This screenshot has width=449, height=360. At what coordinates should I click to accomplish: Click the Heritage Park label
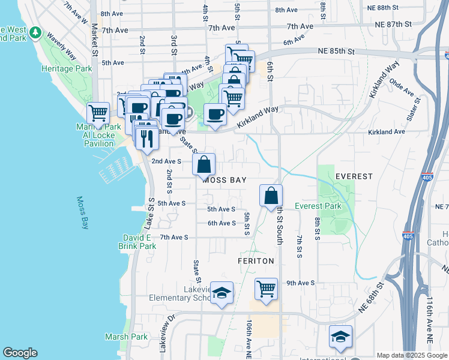point(67,69)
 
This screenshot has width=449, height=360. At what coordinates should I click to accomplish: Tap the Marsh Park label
point(126,337)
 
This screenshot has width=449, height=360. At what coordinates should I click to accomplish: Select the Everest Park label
point(318,206)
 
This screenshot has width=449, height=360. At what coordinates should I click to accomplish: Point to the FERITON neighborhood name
point(256,261)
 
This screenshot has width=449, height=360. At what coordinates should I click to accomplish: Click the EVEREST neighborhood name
point(354,176)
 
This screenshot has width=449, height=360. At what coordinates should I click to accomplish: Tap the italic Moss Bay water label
point(82,213)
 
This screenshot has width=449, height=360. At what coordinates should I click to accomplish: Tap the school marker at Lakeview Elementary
point(222,293)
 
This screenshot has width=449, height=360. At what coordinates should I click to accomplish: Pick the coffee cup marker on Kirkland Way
point(215,113)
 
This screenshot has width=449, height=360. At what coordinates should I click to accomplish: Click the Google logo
point(20,353)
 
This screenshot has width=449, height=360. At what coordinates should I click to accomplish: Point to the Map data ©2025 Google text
point(412,355)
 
